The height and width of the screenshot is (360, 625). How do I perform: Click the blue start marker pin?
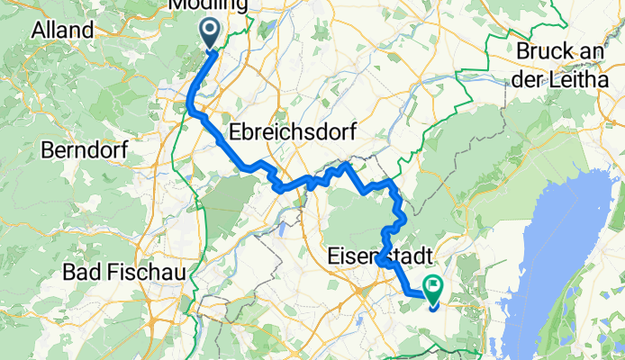point(209,33)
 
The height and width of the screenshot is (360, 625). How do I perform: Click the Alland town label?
point(63,30)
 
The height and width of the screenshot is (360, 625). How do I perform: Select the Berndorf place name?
point(86,148)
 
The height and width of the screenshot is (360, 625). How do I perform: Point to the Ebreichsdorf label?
point(291,131)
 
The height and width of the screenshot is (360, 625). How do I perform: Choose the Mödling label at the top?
point(208,5)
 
